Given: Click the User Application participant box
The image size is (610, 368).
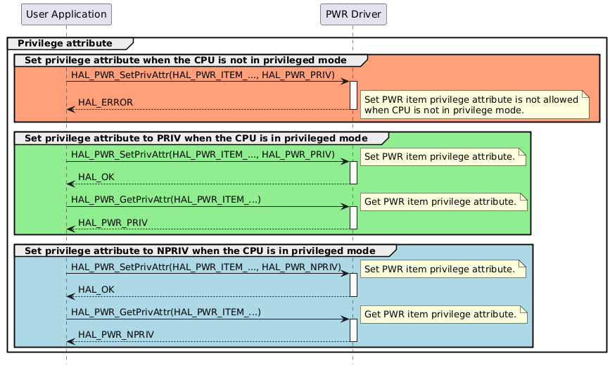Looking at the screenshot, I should click(66, 13).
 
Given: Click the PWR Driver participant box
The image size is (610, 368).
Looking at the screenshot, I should click(352, 13).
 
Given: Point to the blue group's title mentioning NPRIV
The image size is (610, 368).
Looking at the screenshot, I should click(200, 250).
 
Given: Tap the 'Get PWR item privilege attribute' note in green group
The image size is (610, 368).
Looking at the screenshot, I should click(443, 202).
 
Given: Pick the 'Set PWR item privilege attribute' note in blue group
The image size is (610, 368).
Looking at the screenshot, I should click(443, 269).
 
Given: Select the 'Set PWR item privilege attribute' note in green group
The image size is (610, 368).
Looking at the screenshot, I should click(443, 156).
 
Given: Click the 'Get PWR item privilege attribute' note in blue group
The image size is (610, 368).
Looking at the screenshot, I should click(443, 315).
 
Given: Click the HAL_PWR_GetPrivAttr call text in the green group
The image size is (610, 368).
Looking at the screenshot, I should click(166, 200).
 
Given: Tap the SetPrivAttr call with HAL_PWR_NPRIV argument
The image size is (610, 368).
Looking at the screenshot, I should click(205, 267).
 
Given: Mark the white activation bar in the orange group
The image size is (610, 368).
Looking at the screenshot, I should click(353, 95).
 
